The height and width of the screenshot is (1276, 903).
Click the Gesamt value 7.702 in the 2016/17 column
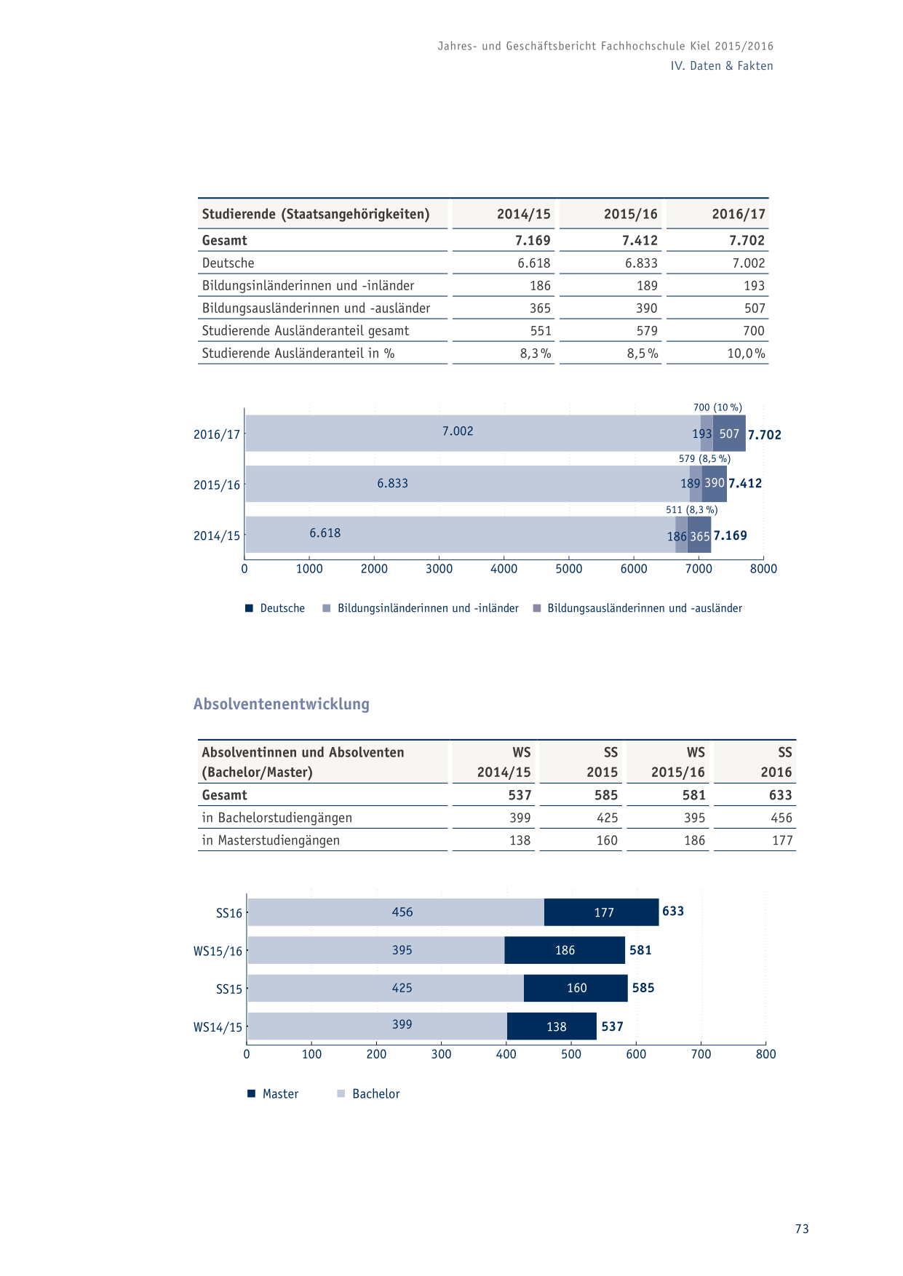747,240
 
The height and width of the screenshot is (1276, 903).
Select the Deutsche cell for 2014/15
533,263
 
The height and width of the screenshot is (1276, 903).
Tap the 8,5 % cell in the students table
643,353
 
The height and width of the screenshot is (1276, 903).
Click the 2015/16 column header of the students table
630,214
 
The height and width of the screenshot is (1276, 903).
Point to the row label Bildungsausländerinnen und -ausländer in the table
316,308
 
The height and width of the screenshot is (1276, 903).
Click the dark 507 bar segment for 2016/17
729,434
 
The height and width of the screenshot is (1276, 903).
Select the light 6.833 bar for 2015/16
467,484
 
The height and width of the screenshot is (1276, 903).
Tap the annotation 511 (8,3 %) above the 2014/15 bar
691,510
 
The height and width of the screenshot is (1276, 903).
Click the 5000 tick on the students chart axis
569,569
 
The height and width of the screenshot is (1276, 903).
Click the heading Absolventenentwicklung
282,703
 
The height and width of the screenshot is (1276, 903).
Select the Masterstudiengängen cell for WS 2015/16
694,840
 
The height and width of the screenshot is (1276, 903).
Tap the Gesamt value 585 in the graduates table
606,795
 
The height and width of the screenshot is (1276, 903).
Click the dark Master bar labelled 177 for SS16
602,912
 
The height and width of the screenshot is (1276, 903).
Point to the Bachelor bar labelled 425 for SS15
386,988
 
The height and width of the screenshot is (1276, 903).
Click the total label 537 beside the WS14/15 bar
612,1026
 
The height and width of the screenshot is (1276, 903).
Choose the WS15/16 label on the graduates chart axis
218,951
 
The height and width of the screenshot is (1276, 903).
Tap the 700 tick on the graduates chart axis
701,1054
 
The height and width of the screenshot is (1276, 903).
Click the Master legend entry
273,1093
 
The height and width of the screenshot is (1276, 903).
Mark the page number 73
802,1229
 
